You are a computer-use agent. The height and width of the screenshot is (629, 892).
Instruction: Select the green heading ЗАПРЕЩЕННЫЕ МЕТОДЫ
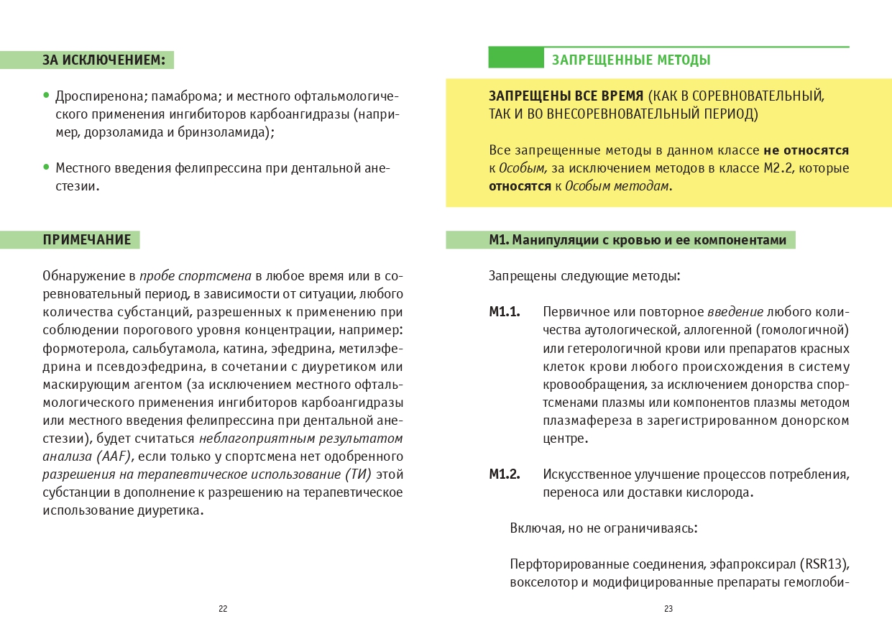coord(631,60)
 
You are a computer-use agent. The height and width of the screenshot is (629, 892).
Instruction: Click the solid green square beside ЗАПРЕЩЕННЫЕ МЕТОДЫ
coord(515,58)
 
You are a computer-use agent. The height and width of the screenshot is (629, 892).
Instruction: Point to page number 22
coord(223,609)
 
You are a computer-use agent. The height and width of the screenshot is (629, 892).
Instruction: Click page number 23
coord(668,609)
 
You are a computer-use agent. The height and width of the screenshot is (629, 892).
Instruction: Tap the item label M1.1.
coord(505,313)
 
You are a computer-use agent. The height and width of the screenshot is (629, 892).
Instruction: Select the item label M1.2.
coord(505,475)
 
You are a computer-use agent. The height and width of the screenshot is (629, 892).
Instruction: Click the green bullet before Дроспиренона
coord(47,95)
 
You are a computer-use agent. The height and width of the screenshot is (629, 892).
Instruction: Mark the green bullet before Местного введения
coord(47,167)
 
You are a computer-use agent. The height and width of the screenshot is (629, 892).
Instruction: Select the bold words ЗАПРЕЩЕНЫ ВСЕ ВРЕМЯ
coord(565,96)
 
